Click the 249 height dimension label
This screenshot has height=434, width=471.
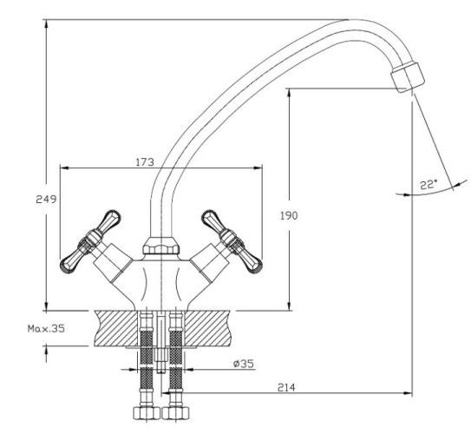pos(46,200)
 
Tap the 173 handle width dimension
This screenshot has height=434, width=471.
pos(145,162)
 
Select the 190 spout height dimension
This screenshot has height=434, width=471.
pos(289,215)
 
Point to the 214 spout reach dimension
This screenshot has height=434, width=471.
pos(286,387)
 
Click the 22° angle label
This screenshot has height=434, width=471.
pos(428,184)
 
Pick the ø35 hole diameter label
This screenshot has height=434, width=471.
pos(244,364)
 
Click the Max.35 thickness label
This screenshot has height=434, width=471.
pos(46,328)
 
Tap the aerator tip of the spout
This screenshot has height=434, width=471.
pos(408,77)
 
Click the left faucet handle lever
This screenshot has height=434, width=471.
pos(90,241)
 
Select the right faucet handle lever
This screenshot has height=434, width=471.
pos(232,241)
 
